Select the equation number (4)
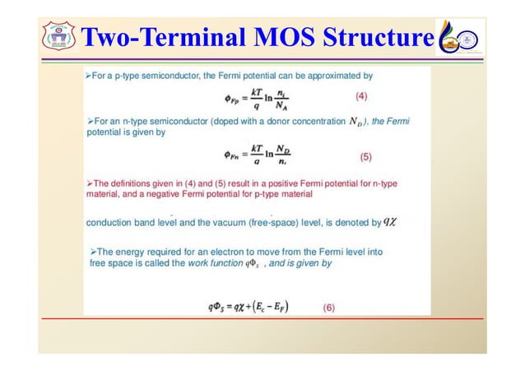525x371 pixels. pyautogui.click(x=361, y=96)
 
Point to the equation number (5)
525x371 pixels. pyautogui.click(x=373, y=155)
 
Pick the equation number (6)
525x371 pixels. pyautogui.click(x=328, y=307)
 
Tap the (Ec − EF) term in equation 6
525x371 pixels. pyautogui.click(x=288, y=307)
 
